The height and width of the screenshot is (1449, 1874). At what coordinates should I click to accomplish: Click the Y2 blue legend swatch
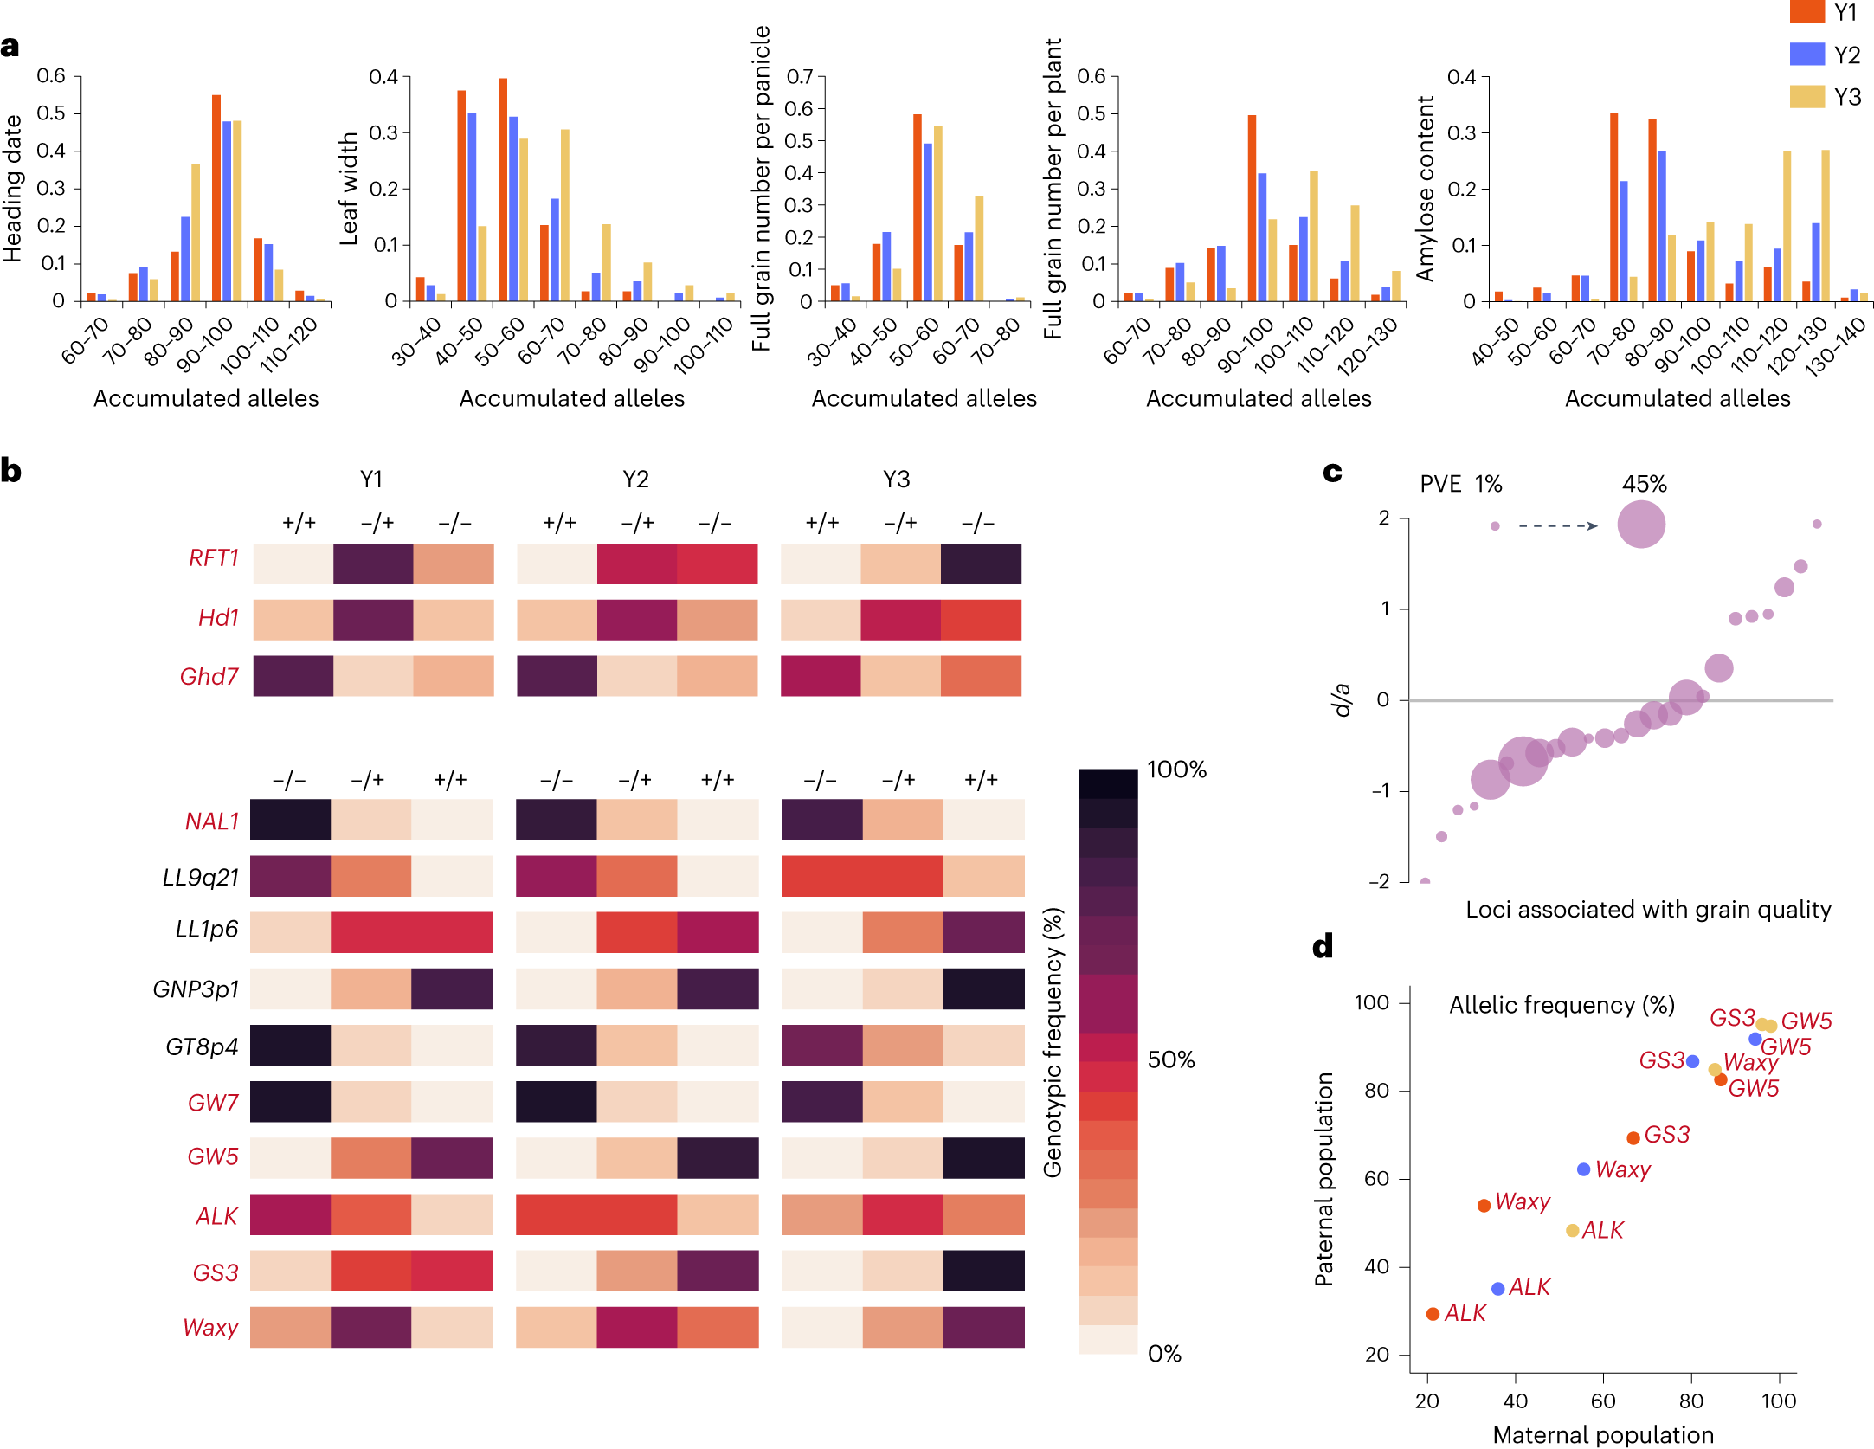point(1806,54)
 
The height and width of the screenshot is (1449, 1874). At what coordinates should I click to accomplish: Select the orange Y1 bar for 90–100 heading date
point(216,199)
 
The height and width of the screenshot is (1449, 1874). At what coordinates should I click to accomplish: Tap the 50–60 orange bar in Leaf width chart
point(503,190)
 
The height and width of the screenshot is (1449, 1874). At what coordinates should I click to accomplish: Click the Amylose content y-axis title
point(1425,189)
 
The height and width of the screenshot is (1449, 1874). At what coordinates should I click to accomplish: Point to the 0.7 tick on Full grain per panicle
point(800,77)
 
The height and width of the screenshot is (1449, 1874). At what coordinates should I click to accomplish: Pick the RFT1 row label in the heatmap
point(213,558)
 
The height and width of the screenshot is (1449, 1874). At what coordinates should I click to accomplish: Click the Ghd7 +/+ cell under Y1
point(293,676)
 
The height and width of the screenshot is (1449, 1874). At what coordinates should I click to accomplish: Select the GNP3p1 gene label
point(196,989)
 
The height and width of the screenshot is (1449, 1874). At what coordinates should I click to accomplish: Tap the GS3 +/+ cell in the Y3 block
point(984,1271)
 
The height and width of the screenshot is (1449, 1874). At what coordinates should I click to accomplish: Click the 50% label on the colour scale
point(1170,1060)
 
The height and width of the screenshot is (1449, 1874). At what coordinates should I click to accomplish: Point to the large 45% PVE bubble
point(1641,525)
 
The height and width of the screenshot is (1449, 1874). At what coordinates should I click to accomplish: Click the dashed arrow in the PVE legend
point(1558,525)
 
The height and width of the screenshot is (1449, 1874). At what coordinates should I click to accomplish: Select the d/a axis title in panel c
point(1342,699)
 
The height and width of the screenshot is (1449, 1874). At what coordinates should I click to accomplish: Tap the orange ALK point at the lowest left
point(1433,1314)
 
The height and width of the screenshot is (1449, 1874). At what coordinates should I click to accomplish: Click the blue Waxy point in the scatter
point(1583,1169)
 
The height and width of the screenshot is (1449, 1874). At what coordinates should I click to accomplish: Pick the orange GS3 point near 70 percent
point(1633,1138)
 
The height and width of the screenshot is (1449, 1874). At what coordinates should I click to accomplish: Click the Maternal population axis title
point(1603,1434)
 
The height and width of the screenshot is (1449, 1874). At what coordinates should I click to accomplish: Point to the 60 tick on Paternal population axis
point(1376,1179)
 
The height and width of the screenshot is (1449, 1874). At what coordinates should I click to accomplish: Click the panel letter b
point(11,471)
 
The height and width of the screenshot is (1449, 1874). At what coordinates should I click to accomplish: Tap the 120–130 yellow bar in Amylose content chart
point(1787,227)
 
